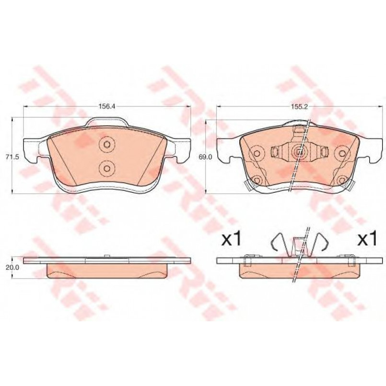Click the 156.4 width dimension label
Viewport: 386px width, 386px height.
click(x=107, y=106)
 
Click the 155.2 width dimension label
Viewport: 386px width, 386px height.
click(x=300, y=106)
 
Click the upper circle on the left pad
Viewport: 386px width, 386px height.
click(x=106, y=144)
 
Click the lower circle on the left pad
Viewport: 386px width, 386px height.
click(x=106, y=168)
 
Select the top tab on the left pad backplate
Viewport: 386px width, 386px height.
click(x=107, y=122)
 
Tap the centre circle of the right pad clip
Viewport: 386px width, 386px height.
click(x=299, y=152)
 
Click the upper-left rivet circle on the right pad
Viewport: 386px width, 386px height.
click(x=257, y=153)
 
